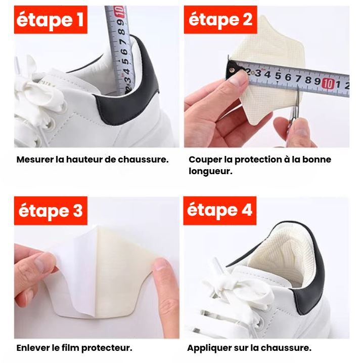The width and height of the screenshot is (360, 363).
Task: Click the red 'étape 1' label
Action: pos(51,20)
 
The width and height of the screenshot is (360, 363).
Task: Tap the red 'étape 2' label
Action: pos(220,20)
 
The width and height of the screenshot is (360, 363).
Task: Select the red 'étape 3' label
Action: pos(51,211)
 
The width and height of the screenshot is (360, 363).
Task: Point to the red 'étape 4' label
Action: pos(219,211)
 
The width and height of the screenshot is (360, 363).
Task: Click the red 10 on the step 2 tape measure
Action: pos(328,84)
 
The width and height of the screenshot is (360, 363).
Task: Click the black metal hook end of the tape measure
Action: pos(232,69)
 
